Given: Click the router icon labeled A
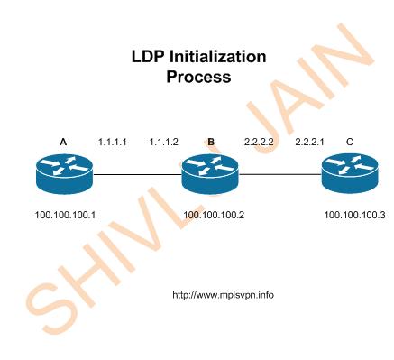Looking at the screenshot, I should [x=63, y=174].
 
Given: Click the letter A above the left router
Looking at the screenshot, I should [x=63, y=142].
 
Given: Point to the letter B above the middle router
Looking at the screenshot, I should [x=211, y=142].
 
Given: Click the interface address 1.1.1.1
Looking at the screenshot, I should [x=112, y=142].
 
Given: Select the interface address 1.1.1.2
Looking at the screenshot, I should [x=164, y=142].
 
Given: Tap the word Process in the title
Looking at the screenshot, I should [x=198, y=78].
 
